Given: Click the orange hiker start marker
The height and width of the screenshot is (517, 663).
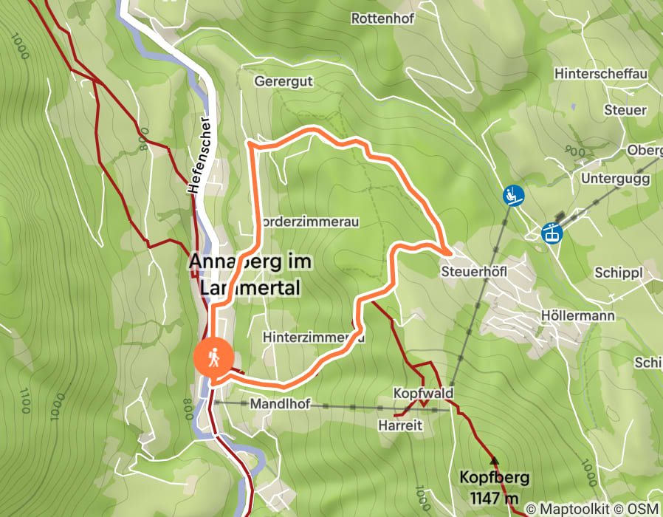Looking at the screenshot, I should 213,357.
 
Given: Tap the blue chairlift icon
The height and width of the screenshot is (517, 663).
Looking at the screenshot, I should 513,196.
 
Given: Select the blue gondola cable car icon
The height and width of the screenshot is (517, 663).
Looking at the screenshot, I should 552,233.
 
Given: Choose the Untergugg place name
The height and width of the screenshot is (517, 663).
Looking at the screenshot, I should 615,179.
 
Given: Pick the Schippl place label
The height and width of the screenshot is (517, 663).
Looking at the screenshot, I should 619,273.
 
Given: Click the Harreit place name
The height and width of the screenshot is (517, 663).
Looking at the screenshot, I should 399,426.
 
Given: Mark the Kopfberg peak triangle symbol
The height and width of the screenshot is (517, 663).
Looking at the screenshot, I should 494,460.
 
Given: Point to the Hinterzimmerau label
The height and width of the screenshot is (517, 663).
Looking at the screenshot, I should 314,337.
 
